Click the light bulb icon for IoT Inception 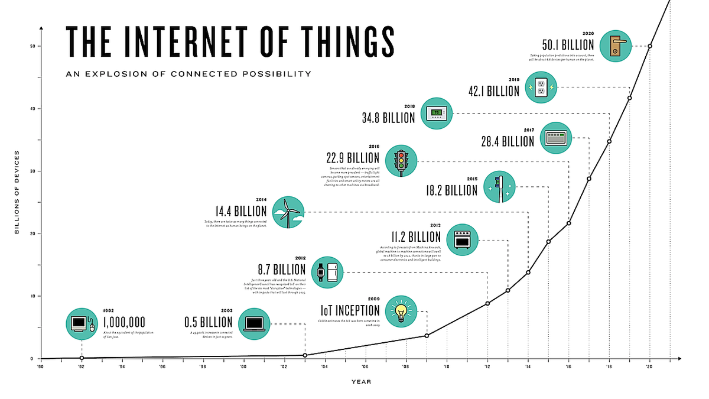(401, 311)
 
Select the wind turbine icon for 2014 (288, 212)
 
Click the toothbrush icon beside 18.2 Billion (500, 187)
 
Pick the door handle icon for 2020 (616, 46)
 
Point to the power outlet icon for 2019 (542, 88)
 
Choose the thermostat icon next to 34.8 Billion (437, 113)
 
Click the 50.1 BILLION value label (568, 46)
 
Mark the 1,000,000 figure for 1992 (124, 323)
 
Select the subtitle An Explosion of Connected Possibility (188, 74)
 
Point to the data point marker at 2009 (427, 336)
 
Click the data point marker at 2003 (305, 355)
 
